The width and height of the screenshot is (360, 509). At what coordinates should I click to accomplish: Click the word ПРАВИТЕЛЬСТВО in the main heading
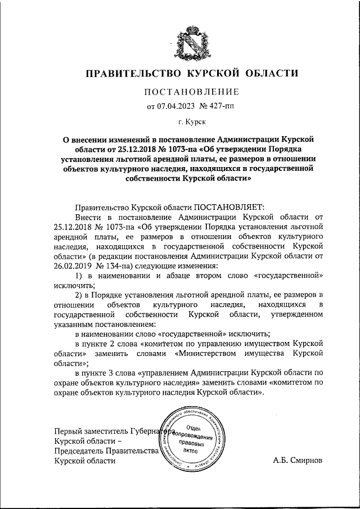tap(134, 74)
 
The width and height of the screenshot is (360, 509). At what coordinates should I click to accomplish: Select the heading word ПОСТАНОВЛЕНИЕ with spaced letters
tap(192, 92)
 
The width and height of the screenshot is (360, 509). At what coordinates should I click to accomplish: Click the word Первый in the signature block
tap(66, 430)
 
